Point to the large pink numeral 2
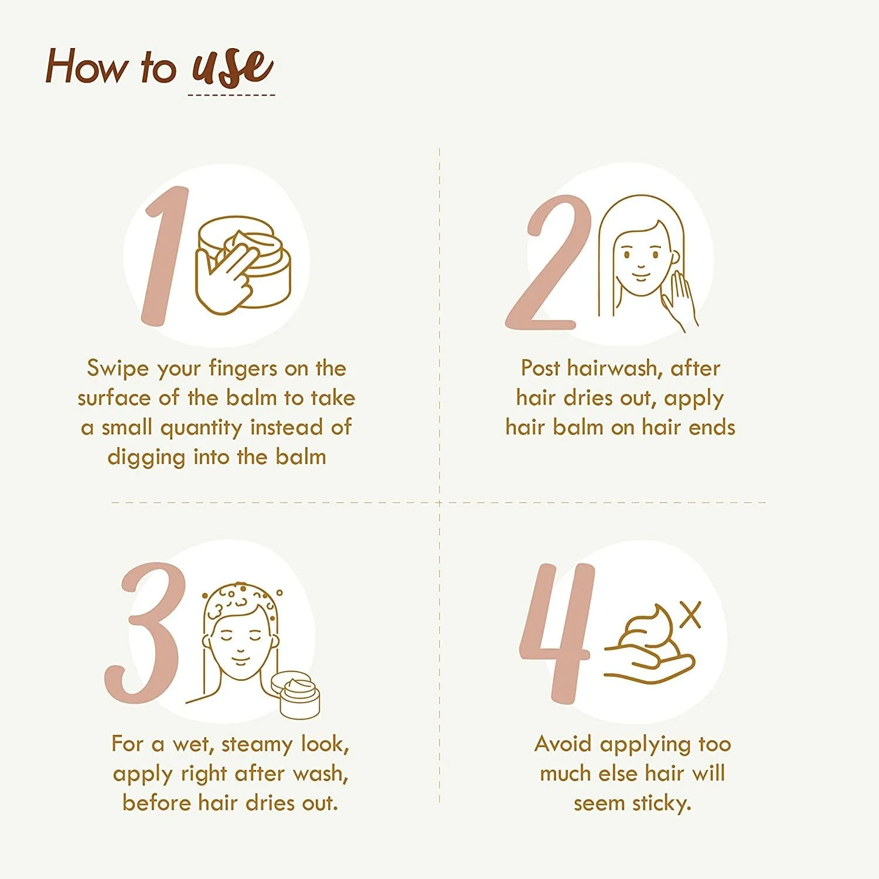pyautogui.click(x=548, y=262)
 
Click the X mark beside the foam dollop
pyautogui.click(x=691, y=615)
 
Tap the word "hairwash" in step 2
pyautogui.click(x=615, y=369)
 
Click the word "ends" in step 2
pyautogui.click(x=711, y=427)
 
